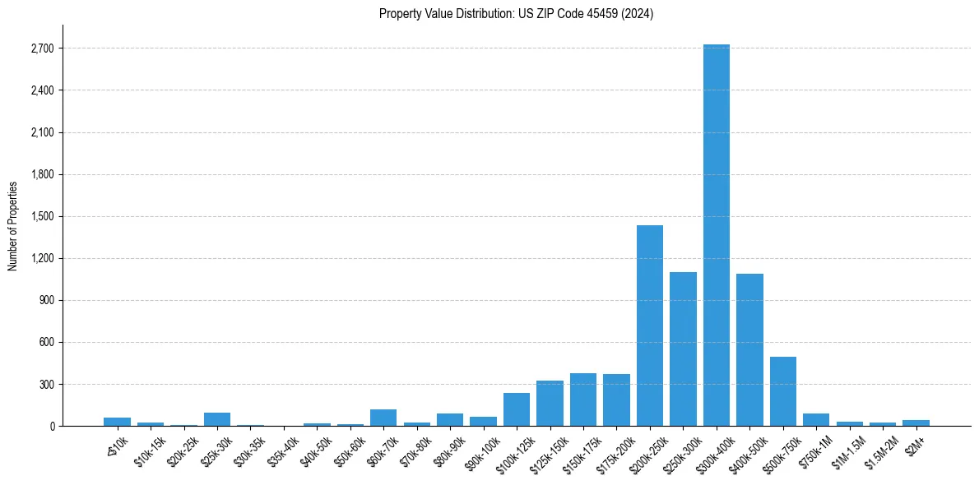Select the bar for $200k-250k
(650, 326)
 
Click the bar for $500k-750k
(782, 391)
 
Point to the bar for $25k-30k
(217, 419)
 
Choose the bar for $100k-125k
(517, 409)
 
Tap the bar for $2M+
(916, 423)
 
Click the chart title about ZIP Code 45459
(516, 14)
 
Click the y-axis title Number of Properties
(12, 225)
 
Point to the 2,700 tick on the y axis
(41, 48)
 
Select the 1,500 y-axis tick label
(41, 216)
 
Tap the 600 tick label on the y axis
(46, 342)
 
